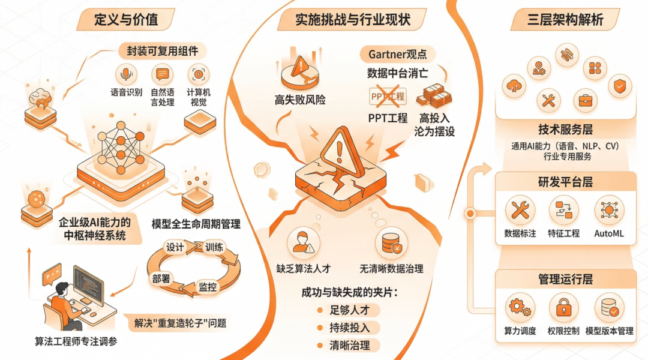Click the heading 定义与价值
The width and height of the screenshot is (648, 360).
[127, 19]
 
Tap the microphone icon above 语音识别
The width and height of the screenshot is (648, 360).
[125, 74]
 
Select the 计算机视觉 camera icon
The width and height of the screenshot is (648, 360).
[198, 74]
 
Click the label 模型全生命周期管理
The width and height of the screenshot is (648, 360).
[196, 224]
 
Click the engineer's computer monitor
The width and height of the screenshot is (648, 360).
[88, 282]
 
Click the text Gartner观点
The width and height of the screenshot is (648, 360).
[398, 54]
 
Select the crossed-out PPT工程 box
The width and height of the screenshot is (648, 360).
[387, 96]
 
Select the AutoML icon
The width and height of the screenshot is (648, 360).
[609, 211]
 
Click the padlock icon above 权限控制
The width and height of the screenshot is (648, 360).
[563, 308]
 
